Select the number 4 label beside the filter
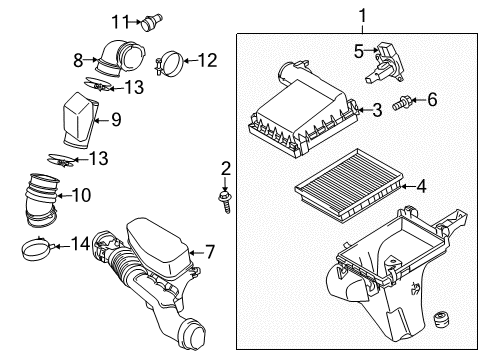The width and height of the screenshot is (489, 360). click(421, 185)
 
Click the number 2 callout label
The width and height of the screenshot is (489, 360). click(226, 168)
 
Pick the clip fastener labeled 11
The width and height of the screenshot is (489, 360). click(153, 19)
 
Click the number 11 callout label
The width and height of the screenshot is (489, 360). click(121, 20)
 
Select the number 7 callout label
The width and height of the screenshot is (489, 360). click(209, 253)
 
